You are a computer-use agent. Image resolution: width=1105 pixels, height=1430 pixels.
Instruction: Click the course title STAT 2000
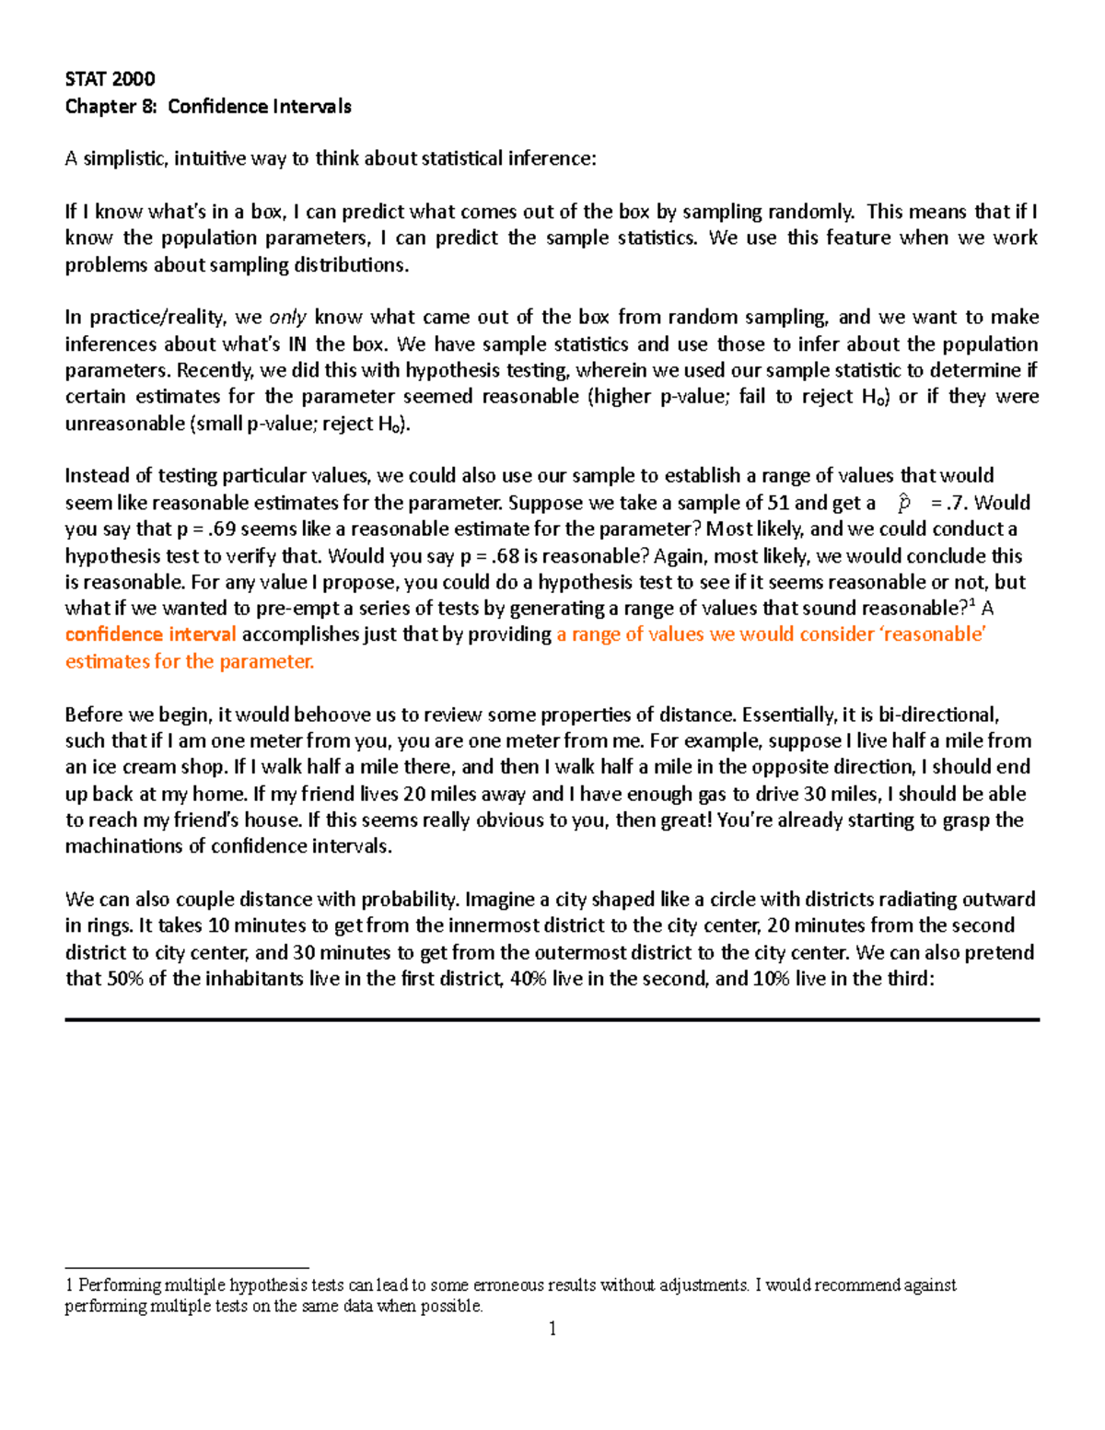(110, 79)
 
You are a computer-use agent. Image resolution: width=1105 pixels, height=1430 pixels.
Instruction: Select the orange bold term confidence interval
(150, 634)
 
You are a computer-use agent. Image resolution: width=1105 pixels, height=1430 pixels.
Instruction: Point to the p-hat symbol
(904, 503)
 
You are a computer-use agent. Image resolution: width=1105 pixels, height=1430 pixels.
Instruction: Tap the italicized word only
(287, 318)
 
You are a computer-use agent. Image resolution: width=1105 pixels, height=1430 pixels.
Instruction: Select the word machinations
(124, 847)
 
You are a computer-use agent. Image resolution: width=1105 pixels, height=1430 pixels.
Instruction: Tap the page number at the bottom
(552, 1329)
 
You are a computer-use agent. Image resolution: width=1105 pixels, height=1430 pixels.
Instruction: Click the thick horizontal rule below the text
(552, 1020)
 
